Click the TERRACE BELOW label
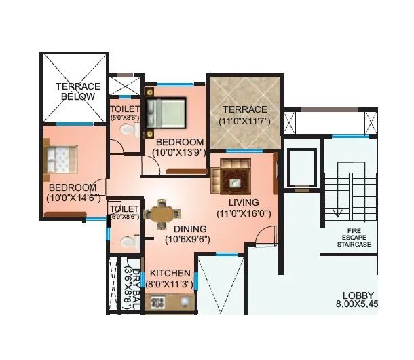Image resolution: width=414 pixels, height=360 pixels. [78, 92]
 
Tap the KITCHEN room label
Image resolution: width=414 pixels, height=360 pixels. [170, 273]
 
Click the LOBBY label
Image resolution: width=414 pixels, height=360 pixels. [358, 295]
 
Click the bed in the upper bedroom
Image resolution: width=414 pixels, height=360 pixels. [166, 112]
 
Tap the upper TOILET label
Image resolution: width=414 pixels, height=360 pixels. [125, 109]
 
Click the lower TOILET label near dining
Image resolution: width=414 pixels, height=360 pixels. [124, 209]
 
